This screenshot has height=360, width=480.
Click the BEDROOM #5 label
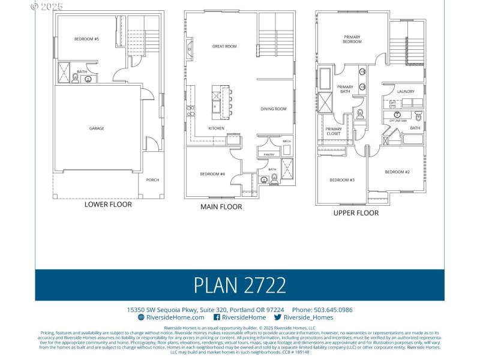pyautogui.click(x=86, y=39)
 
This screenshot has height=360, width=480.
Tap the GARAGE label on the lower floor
pyautogui.click(x=97, y=128)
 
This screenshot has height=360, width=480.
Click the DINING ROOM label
pyautogui.click(x=273, y=109)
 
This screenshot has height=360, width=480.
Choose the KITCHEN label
pyautogui.click(x=217, y=128)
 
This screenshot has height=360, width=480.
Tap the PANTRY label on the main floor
pyautogui.click(x=268, y=154)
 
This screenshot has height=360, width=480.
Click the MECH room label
pyautogui.click(x=286, y=141)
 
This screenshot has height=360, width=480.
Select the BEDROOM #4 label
pyautogui.click(x=212, y=174)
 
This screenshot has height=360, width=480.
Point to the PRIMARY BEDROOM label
pyautogui.click(x=352, y=39)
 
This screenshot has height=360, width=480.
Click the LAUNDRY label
pyautogui.click(x=406, y=91)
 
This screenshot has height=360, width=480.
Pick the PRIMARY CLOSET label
pyautogui.click(x=334, y=131)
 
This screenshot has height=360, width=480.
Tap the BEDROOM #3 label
pyautogui.click(x=342, y=180)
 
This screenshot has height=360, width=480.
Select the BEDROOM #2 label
pyautogui.click(x=397, y=172)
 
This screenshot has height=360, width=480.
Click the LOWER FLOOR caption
pyautogui.click(x=108, y=205)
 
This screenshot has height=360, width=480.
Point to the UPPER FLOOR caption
pyautogui.click(x=356, y=212)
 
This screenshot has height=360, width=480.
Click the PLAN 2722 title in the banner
pyautogui.click(x=239, y=285)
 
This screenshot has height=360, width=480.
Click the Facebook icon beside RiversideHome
pyautogui.click(x=217, y=317)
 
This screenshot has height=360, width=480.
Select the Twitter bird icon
pyautogui.click(x=278, y=317)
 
